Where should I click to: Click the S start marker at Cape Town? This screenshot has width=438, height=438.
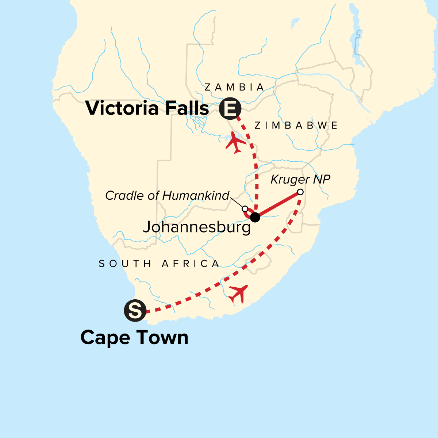[135, 311]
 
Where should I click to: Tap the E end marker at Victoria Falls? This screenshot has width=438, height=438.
[230, 108]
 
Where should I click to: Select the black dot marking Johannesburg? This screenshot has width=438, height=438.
[255, 217]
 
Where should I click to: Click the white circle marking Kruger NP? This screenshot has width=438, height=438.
[300, 192]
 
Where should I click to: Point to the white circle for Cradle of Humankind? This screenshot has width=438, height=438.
[245, 209]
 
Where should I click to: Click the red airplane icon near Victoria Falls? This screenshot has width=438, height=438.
[235, 143]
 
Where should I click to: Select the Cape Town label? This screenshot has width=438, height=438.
[134, 337]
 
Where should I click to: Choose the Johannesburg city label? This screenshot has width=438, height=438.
[197, 227]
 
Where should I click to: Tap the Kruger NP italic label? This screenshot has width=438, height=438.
[300, 180]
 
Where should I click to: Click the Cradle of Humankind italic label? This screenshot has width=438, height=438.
[167, 196]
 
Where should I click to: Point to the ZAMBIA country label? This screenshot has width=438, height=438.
[234, 87]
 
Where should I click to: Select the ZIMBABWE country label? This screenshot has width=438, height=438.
[296, 126]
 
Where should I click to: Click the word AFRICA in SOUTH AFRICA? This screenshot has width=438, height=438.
[191, 264]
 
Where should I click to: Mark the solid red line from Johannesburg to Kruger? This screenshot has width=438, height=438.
[277, 205]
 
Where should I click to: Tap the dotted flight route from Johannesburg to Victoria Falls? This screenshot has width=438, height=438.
[256, 172]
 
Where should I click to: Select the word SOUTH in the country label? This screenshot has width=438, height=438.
[125, 264]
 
